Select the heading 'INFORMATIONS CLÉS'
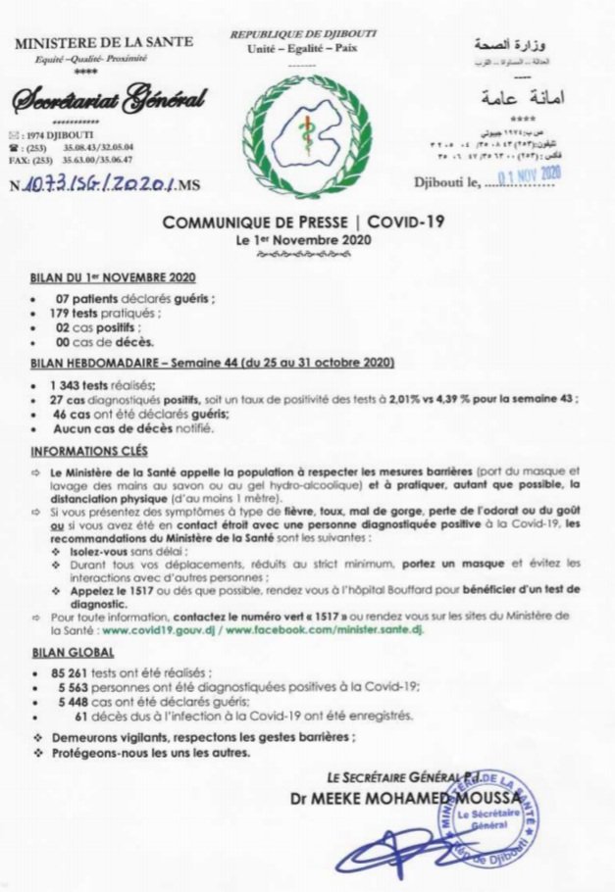tap(88, 451)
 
